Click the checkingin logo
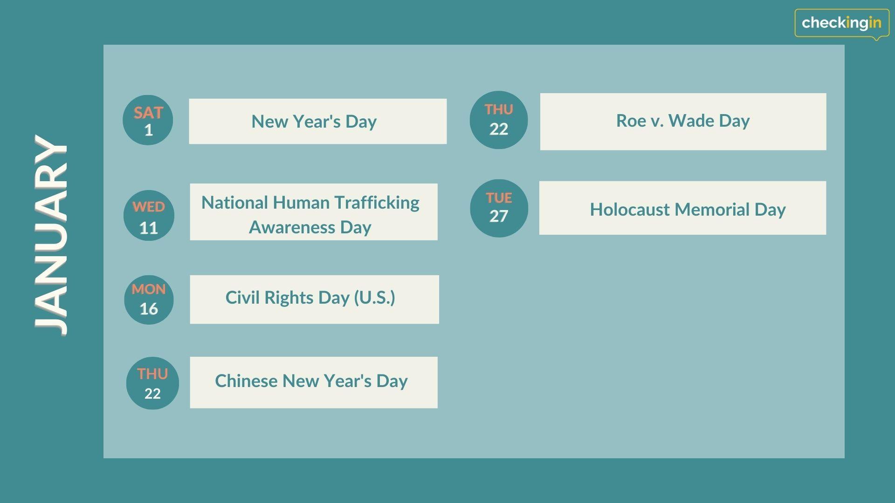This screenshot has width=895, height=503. click(842, 23)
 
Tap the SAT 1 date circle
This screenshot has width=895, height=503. click(148, 120)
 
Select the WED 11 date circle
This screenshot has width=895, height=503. click(149, 216)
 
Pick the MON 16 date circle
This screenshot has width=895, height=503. click(149, 299)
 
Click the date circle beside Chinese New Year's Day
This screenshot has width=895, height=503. click(152, 383)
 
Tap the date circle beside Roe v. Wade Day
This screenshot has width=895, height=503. click(499, 120)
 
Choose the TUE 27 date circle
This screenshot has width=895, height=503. click(499, 208)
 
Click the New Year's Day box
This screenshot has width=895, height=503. click(317, 121)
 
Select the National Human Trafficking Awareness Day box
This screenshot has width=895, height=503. click(314, 212)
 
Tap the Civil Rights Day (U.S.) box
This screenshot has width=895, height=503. click(314, 299)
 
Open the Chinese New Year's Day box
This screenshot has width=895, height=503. click(314, 382)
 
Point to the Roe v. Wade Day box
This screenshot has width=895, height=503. click(683, 122)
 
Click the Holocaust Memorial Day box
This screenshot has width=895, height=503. click(682, 208)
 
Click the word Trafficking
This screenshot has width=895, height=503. click(377, 203)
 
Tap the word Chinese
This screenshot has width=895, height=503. click(246, 381)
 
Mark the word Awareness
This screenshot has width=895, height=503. click(292, 227)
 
